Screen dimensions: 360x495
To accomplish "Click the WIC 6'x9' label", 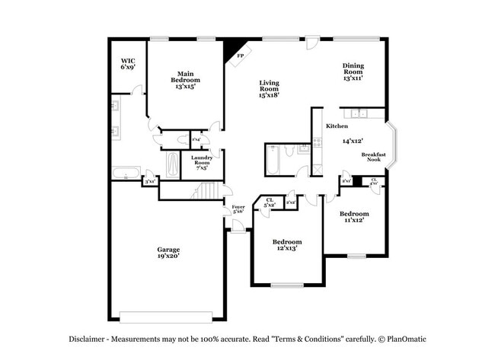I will [127, 64].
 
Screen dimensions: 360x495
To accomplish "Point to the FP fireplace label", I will [241, 56].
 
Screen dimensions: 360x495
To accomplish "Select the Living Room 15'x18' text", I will [270, 88].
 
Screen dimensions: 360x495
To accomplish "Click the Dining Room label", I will [353, 72].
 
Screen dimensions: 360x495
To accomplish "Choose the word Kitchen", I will [337, 126].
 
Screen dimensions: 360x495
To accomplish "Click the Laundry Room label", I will [201, 162].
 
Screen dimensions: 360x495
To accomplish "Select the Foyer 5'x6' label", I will [238, 208].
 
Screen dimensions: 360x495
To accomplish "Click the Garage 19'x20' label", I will [168, 253].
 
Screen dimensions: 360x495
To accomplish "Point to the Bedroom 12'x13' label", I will [287, 244].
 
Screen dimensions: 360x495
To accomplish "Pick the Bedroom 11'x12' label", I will [354, 217].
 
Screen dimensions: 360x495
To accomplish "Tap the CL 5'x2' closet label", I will [270, 202].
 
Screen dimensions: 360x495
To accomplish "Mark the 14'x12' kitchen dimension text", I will [352, 141].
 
